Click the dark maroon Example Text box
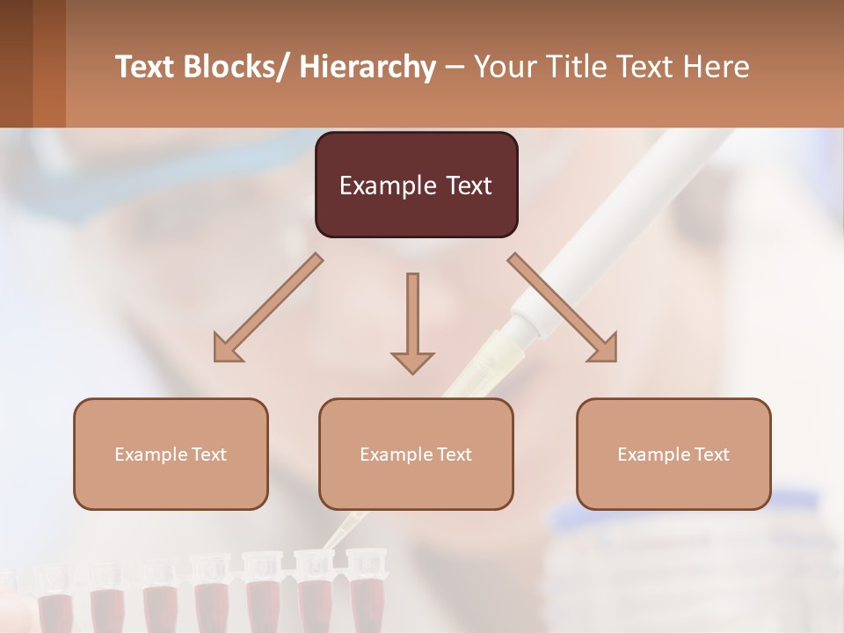click(416, 185)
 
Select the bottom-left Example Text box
click(171, 454)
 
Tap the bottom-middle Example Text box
click(416, 454)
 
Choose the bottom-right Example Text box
click(673, 454)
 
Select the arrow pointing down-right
click(563, 308)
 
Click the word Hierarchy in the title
click(367, 67)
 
